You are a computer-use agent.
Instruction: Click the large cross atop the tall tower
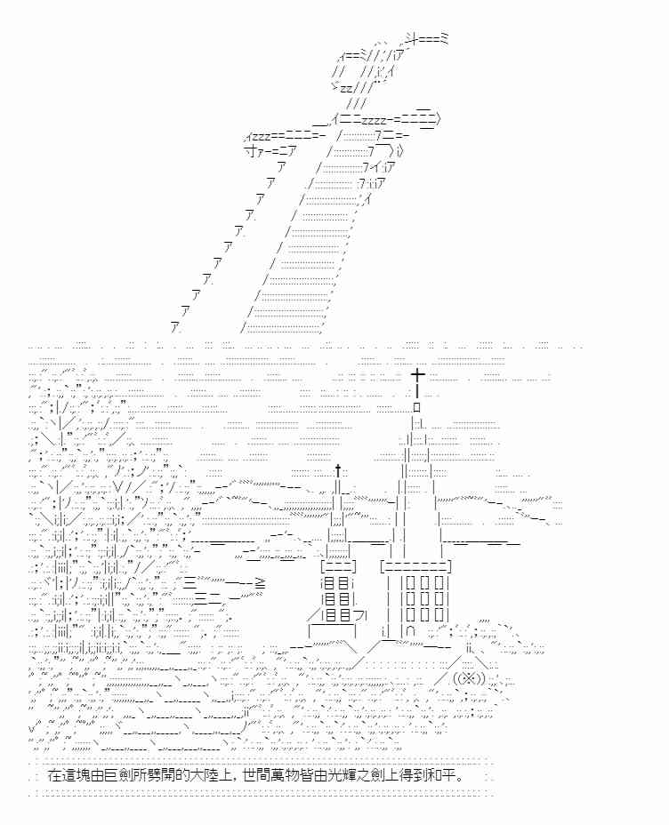pyautogui.click(x=417, y=376)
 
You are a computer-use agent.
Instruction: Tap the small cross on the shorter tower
pyautogui.click(x=338, y=470)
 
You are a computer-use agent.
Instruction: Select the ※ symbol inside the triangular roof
pyautogui.click(x=468, y=678)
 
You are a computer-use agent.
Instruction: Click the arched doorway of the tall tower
pyautogui.click(x=410, y=630)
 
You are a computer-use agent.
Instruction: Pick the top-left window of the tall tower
pyautogui.click(x=412, y=584)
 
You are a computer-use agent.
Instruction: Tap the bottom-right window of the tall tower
pyautogui.click(x=440, y=614)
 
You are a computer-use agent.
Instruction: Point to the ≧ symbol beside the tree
pyautogui.click(x=260, y=583)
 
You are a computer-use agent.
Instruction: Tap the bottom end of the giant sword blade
pyautogui.click(x=282, y=331)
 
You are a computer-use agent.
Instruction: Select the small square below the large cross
pyautogui.click(x=417, y=406)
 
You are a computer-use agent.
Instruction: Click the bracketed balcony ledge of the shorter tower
pyautogui.click(x=338, y=566)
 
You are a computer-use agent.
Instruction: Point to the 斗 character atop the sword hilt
pyautogui.click(x=409, y=39)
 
